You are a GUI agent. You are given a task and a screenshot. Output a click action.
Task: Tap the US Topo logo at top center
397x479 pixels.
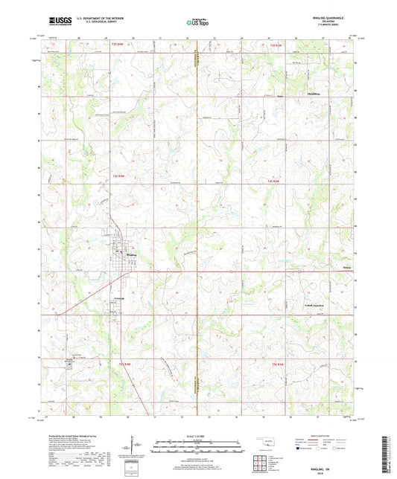point(197,23)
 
